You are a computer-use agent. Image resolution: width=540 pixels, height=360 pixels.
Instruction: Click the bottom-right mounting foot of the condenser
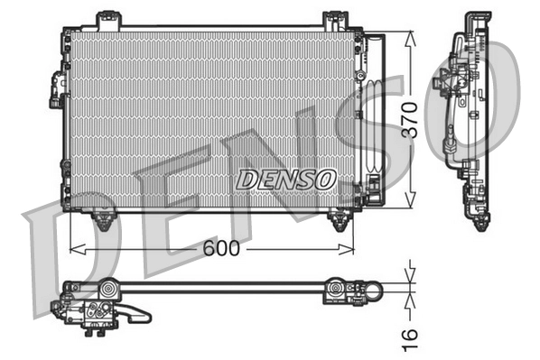coord(340,219)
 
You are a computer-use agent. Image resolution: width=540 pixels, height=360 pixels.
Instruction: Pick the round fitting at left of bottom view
coord(109,290)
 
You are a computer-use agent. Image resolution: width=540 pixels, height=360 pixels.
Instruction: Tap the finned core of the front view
coord(199,108)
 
